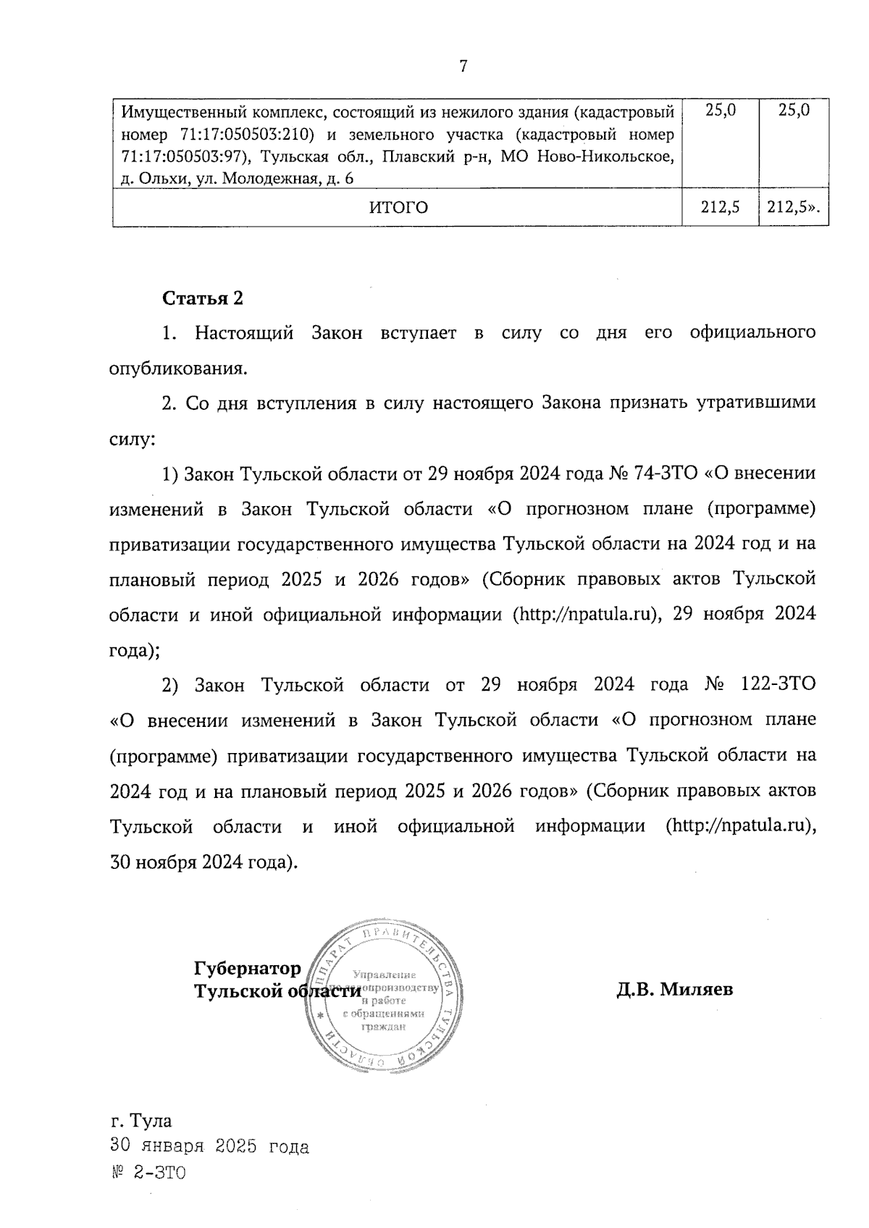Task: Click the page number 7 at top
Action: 463,67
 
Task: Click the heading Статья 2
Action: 203,298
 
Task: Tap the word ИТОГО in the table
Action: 398,208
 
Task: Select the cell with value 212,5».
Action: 794,208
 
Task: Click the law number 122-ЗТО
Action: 779,685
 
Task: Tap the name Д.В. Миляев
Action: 675,989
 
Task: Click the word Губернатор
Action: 247,969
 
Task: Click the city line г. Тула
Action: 141,1121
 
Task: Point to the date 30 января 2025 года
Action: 209,1147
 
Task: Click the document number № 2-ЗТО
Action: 148,1172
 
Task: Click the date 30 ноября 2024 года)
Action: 203,862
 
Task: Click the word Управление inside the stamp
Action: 383,975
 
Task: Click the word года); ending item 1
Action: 134,650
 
